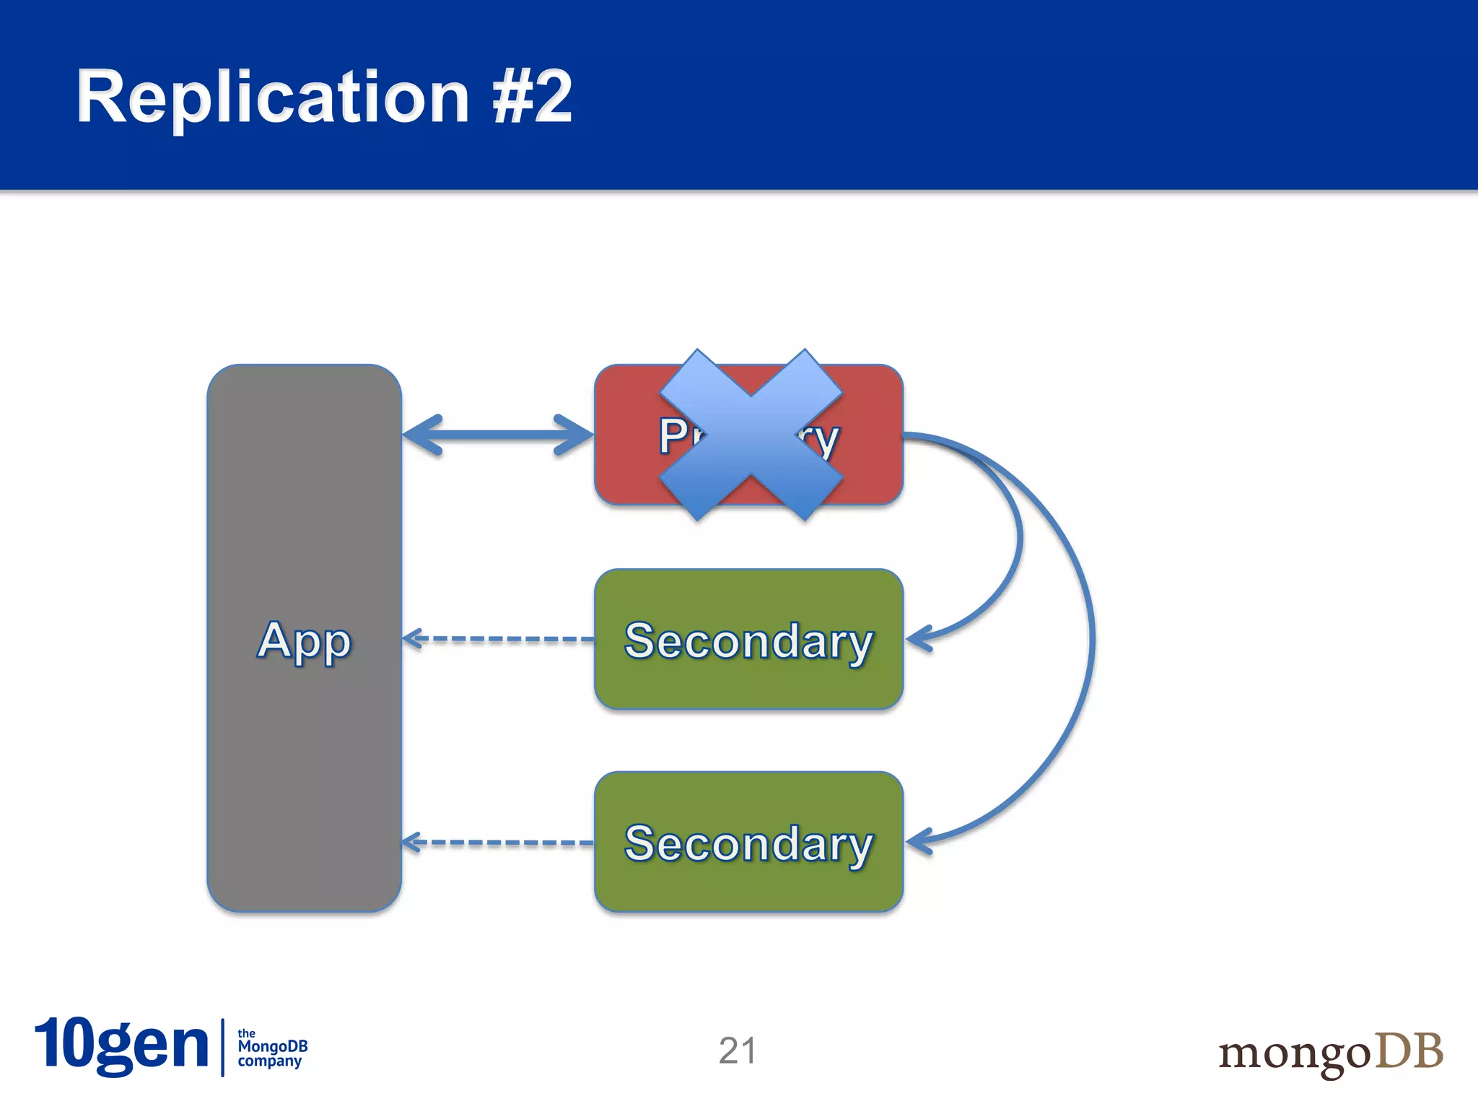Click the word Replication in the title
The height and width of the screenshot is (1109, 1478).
[x=273, y=97]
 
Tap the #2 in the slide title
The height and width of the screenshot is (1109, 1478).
[x=533, y=97]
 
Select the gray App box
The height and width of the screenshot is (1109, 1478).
[x=304, y=758]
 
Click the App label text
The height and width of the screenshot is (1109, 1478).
[x=304, y=640]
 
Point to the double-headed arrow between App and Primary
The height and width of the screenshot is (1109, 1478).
[x=498, y=435]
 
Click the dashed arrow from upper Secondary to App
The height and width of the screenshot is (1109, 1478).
[x=498, y=639]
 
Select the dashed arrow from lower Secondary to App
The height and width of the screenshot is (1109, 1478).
[x=498, y=843]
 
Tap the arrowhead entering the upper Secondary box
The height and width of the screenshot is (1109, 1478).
[x=918, y=639]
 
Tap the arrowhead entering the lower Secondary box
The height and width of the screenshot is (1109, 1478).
[x=918, y=841]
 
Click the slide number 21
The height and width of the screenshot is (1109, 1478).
[x=737, y=1051]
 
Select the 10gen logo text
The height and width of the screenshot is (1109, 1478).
[x=121, y=1045]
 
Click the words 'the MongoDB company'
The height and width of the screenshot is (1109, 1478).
[x=272, y=1048]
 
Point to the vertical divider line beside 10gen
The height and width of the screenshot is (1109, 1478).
[x=223, y=1048]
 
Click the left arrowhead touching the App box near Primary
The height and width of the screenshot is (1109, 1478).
[x=422, y=435]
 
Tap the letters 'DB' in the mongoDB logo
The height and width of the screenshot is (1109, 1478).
[x=1408, y=1051]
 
